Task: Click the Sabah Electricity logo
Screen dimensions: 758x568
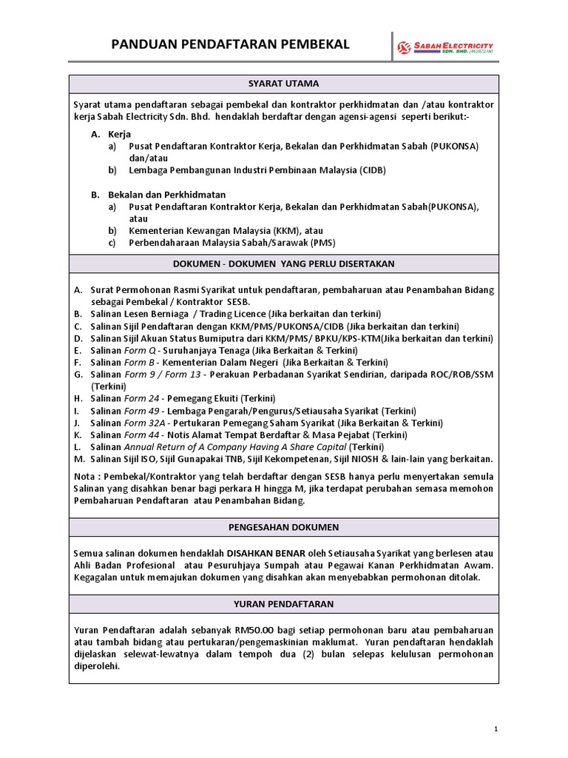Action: click(445, 48)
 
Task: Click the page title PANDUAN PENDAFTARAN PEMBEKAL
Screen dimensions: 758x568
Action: click(230, 46)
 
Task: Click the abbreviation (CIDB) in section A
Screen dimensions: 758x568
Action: click(373, 170)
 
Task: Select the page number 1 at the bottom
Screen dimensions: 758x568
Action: click(496, 729)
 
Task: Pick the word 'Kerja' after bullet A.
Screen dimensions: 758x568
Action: click(119, 134)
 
